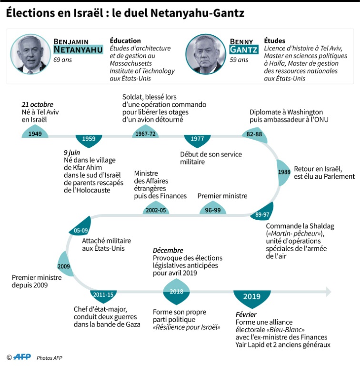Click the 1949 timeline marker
tap(35, 133)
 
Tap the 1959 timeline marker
tap(89, 139)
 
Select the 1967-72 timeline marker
tap(145, 133)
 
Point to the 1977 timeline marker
tap(197, 139)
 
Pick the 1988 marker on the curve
tap(283, 172)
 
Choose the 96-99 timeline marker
tap(213, 209)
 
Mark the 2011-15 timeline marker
tap(103, 295)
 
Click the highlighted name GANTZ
tap(244, 50)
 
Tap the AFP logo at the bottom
tap(22, 357)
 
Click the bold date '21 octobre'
tap(38, 104)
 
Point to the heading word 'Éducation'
tap(125, 41)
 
